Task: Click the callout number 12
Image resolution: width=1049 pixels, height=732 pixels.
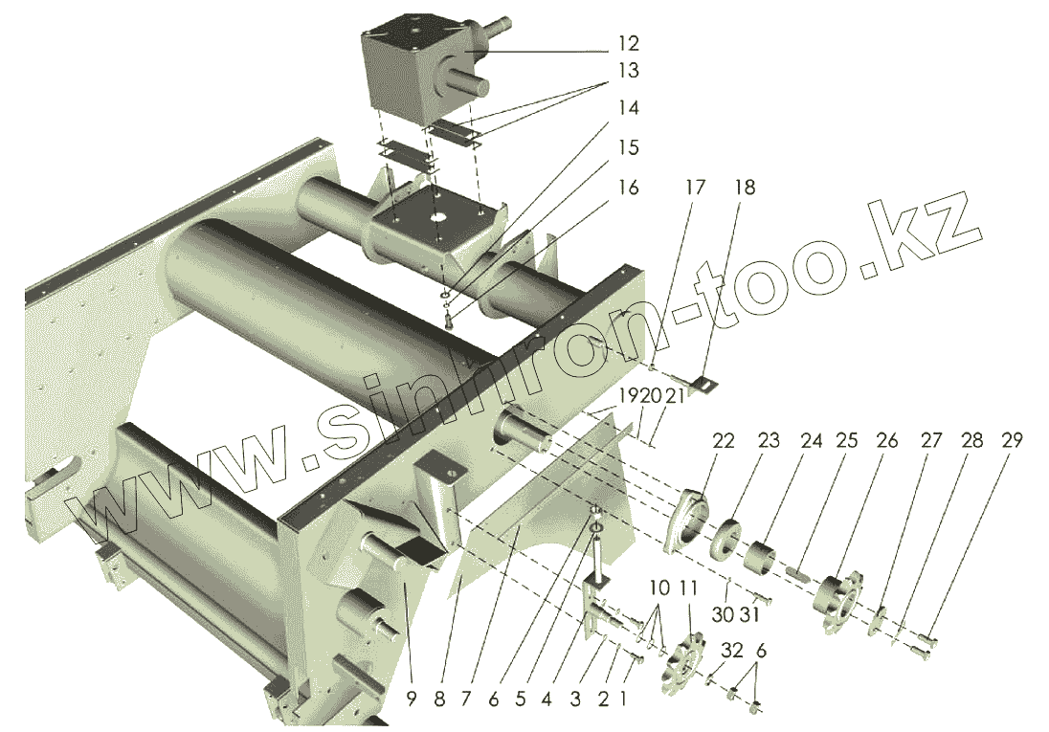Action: point(628,44)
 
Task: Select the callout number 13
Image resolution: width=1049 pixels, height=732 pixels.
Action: point(628,71)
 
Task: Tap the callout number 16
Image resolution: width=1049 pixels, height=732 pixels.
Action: point(628,188)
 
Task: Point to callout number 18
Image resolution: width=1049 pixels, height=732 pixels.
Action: point(744,188)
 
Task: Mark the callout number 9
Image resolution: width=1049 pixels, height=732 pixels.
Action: point(411,699)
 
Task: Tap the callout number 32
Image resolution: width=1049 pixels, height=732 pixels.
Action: point(732,651)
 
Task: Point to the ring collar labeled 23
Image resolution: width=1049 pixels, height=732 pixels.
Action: point(727,539)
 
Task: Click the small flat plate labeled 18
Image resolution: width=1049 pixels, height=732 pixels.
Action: point(703,384)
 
